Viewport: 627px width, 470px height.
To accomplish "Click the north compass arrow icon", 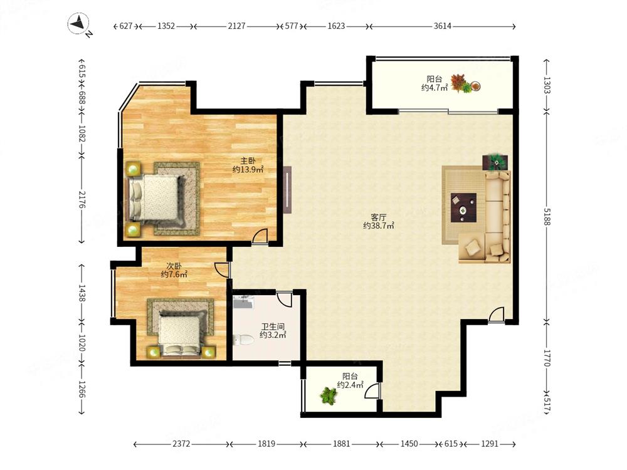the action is click(x=78, y=23).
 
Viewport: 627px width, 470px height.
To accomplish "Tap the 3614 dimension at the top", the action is click(x=442, y=26).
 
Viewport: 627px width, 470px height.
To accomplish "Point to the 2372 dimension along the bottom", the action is click(x=181, y=444).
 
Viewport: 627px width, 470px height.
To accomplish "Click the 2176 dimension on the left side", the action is click(x=82, y=199).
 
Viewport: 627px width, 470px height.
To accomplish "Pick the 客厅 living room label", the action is click(x=378, y=217).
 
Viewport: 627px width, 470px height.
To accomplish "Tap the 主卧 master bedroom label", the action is click(x=248, y=161).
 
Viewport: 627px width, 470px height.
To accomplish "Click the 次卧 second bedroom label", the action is click(x=174, y=266).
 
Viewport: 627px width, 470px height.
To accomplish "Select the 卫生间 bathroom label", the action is click(x=273, y=327).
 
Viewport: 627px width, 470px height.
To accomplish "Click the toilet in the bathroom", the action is click(x=243, y=340).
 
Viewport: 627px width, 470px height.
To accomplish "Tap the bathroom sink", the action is click(x=243, y=302).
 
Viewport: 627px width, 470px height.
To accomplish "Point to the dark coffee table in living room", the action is click(x=463, y=208).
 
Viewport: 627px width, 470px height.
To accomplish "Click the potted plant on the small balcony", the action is click(x=329, y=395).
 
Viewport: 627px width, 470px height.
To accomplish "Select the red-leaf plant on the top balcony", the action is click(x=461, y=83).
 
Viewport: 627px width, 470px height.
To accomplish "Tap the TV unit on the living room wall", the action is click(x=288, y=189).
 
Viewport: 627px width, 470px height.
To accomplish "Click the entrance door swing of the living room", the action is click(x=496, y=314).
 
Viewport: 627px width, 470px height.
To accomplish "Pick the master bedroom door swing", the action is click(x=260, y=236).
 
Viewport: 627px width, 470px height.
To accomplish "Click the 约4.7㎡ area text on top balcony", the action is click(x=435, y=88).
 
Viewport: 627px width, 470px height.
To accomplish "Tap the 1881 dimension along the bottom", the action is click(x=342, y=444).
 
